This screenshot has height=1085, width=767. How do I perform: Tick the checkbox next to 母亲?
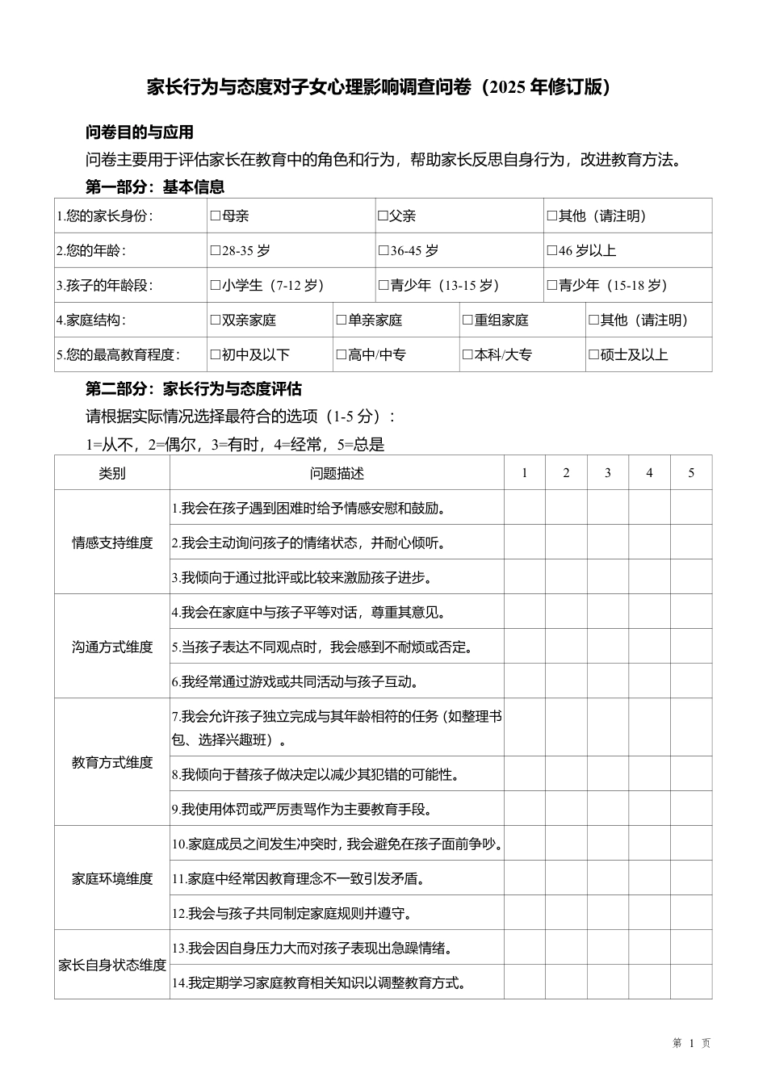[216, 216]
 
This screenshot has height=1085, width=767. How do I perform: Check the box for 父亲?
[383, 216]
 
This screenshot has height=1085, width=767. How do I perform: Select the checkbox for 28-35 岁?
[216, 251]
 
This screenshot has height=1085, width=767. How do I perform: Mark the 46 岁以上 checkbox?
[552, 251]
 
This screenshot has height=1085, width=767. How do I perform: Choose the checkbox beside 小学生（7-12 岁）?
[216, 286]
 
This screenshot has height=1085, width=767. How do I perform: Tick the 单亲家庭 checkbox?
[342, 320]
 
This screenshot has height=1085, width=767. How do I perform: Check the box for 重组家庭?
[467, 320]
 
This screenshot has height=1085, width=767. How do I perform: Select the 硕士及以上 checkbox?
[593, 355]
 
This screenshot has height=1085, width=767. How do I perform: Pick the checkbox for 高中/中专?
[342, 355]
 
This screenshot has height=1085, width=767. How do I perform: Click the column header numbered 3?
[608, 473]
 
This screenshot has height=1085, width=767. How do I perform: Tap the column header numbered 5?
[691, 473]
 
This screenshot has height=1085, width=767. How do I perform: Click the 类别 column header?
[112, 473]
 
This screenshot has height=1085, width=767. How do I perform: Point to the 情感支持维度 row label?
[112, 542]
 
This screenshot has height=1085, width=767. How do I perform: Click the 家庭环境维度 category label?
[112, 878]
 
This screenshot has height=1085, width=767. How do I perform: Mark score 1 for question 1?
[525, 508]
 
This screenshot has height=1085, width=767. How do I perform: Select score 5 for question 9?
[691, 809]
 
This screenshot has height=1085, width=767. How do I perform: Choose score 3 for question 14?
[608, 982]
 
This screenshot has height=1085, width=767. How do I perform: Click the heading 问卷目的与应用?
[140, 132]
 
